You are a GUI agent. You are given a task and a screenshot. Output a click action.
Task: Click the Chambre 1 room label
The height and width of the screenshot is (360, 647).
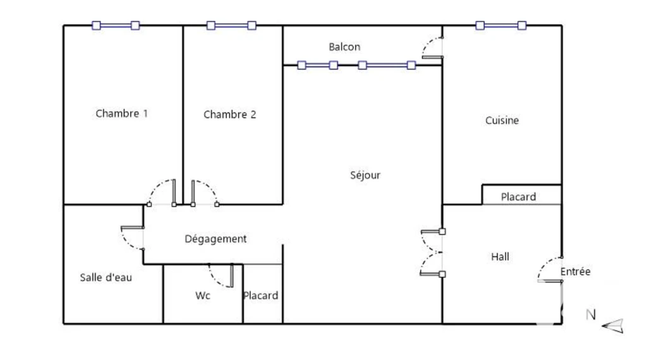(x=121, y=114)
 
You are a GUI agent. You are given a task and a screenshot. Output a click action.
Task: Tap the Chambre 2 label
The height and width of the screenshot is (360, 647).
(x=229, y=114)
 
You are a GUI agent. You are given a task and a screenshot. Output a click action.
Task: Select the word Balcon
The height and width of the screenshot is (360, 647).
(x=344, y=47)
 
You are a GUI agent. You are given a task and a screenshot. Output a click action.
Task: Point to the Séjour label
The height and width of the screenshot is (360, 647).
(x=365, y=175)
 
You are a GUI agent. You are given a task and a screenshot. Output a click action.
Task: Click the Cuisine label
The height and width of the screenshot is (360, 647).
(x=502, y=120)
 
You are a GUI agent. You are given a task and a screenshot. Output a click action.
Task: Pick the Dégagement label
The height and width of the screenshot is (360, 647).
(x=215, y=239)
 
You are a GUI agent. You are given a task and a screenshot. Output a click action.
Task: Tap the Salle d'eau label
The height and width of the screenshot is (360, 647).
(x=106, y=277)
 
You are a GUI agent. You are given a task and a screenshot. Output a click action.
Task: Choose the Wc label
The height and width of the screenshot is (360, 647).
(x=203, y=295)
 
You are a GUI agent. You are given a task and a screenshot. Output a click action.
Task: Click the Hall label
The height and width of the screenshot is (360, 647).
(x=500, y=256)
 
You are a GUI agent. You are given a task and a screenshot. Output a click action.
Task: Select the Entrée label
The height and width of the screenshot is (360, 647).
(x=575, y=272)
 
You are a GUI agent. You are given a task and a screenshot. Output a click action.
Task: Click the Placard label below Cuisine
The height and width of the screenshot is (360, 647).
(x=518, y=196)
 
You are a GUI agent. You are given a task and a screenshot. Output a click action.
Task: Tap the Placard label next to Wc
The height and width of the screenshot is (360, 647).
(x=260, y=295)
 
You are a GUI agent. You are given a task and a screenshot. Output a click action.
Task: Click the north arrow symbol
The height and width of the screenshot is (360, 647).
(x=613, y=326)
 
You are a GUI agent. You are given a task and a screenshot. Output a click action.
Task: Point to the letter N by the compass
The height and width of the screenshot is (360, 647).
(x=591, y=315)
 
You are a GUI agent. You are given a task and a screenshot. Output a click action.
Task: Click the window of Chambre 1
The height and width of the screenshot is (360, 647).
(x=116, y=25)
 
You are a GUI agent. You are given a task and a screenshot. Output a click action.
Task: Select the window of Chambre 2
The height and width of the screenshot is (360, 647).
(x=231, y=25)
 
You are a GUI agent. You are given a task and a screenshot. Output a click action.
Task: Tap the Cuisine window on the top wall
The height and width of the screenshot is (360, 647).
(x=500, y=25)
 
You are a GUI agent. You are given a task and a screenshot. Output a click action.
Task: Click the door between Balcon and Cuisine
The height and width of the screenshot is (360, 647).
(x=432, y=48)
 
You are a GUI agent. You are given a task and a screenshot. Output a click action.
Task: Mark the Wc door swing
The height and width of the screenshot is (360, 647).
(x=221, y=275)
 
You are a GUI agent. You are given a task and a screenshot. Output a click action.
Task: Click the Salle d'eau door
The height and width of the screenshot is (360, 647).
(x=132, y=238)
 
